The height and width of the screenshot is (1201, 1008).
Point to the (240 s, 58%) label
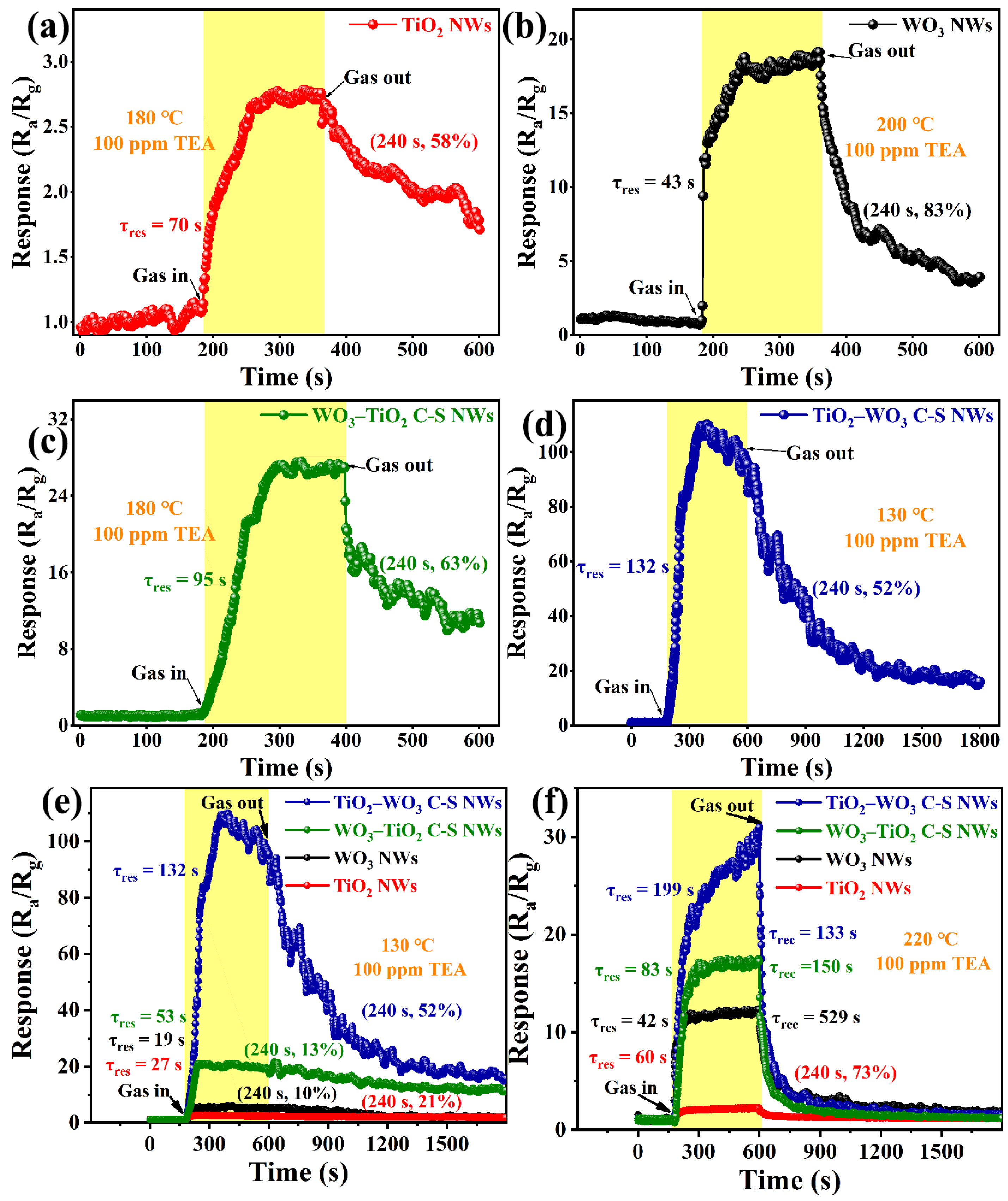pyautogui.click(x=423, y=141)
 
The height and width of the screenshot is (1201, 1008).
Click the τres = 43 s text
pyautogui.click(x=653, y=183)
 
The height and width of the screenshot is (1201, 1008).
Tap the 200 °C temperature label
pyautogui.click(x=904, y=124)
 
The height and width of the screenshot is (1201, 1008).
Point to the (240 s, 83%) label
pyautogui.click(x=917, y=211)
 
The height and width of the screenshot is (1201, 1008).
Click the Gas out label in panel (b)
pyautogui.click(x=881, y=51)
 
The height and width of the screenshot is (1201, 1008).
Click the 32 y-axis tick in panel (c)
pyautogui.click(x=57, y=419)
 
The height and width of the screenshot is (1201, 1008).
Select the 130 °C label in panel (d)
pyautogui.click(x=904, y=515)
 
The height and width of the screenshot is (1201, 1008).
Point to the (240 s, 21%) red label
pyautogui.click(x=411, y=1101)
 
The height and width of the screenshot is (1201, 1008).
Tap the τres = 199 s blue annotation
pyautogui.click(x=650, y=890)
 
